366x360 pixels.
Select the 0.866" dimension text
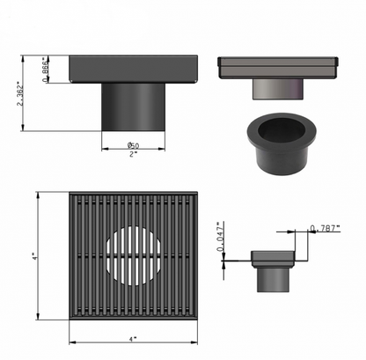click(45, 68)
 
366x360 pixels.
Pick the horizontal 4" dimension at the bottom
click(132, 338)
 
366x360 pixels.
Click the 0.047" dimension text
click(222, 239)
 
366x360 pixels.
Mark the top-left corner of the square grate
click(69, 193)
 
